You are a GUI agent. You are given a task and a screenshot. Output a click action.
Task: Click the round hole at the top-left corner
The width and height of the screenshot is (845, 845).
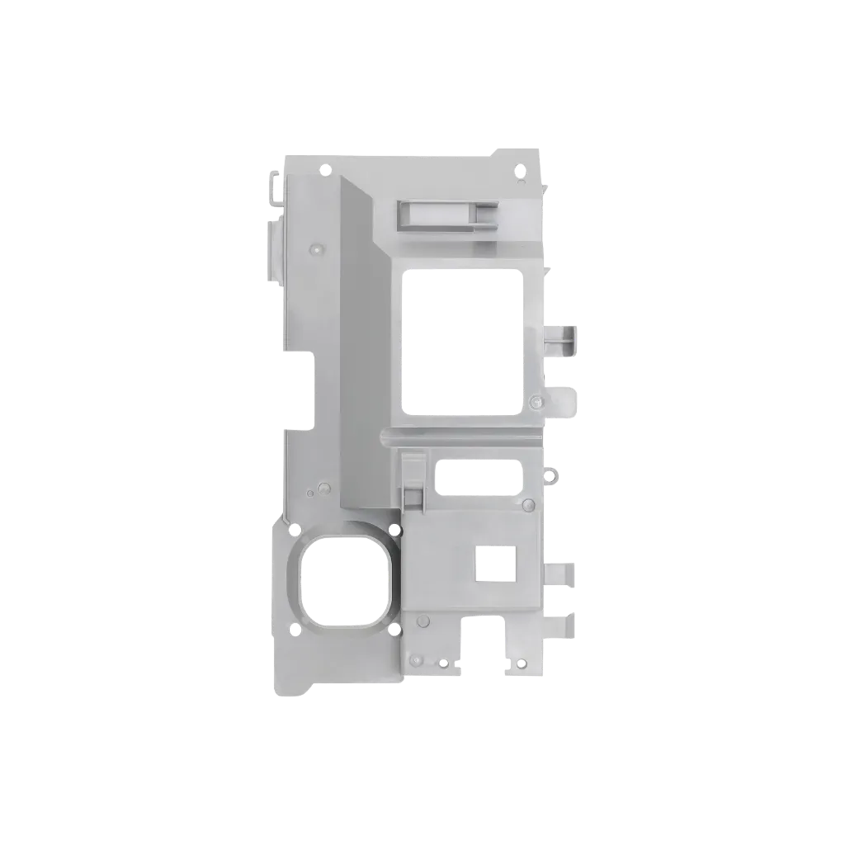325,169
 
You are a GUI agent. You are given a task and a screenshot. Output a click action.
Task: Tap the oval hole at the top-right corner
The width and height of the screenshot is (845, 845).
519,169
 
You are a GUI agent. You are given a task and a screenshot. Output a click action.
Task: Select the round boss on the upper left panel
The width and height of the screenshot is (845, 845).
313,248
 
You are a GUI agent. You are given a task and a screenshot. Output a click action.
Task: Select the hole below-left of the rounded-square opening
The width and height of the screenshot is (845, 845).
293,631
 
